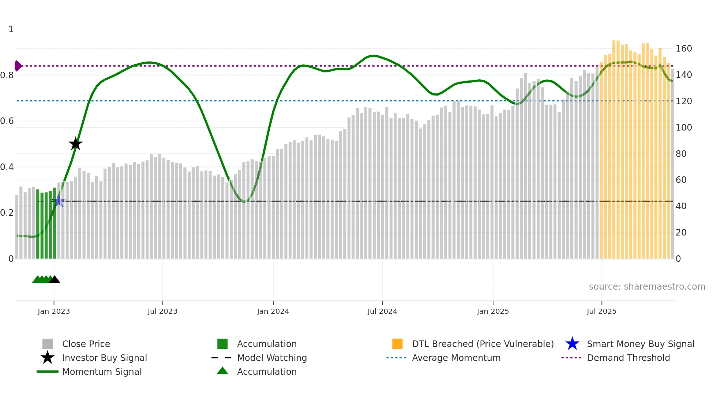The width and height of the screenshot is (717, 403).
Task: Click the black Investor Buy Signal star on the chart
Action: (75, 144)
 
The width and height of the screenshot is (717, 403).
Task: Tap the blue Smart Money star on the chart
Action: (59, 201)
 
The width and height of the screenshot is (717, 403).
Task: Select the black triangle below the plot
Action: (55, 280)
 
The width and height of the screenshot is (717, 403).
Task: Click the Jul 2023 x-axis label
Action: (162, 311)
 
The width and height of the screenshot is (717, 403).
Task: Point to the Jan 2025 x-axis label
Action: (493, 311)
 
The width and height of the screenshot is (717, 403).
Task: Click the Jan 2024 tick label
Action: (273, 311)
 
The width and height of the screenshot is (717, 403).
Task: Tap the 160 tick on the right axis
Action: (683, 49)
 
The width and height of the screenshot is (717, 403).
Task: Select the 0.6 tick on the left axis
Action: (7, 121)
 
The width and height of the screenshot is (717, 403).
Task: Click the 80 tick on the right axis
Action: (681, 154)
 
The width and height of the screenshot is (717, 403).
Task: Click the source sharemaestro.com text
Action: (647, 287)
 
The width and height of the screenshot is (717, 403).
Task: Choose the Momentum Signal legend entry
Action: (102, 372)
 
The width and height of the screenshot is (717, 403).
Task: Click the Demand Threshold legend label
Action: (628, 358)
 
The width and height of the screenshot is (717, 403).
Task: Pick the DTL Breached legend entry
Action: (483, 344)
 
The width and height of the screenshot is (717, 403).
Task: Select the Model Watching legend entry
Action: (271, 358)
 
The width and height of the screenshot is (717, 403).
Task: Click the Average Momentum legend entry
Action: (456, 358)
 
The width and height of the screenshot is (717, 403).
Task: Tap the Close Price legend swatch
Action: (48, 344)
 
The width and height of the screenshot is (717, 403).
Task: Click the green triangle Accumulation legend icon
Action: (222, 371)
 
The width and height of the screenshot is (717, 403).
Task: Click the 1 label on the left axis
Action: (11, 29)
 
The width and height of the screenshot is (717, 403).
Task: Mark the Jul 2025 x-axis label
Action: (601, 311)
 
